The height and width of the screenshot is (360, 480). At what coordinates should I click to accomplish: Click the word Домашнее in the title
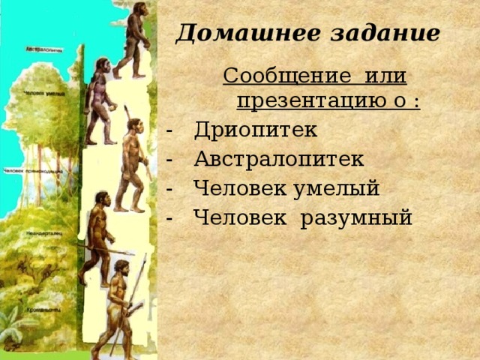(238, 34)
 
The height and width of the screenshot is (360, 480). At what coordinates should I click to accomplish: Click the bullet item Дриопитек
(256, 130)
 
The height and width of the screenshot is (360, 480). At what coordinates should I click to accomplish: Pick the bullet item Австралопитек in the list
(278, 159)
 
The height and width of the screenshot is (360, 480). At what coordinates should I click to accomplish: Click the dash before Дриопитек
(173, 130)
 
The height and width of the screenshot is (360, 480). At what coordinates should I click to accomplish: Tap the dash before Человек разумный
(173, 218)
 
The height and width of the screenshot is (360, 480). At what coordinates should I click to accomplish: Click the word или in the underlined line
(389, 76)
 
